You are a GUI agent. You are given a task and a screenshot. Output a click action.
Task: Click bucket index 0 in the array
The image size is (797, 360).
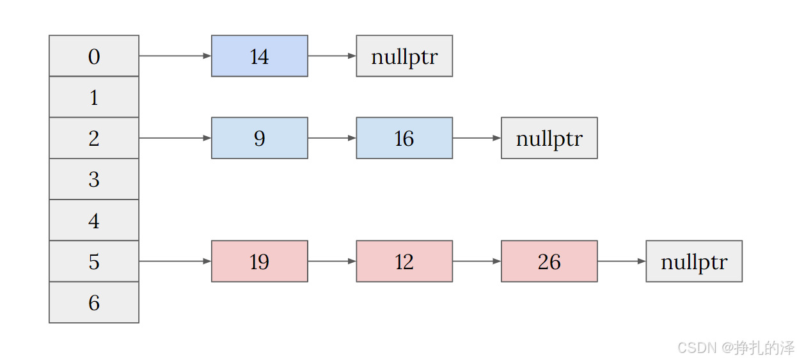[94, 56]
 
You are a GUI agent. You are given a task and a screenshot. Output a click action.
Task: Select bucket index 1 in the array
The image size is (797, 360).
[94, 97]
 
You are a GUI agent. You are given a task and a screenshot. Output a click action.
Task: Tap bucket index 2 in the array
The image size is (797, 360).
[94, 138]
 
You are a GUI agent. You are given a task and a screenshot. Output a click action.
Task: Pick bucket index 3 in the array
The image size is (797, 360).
[94, 179]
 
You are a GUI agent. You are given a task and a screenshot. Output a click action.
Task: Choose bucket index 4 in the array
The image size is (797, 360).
[94, 220]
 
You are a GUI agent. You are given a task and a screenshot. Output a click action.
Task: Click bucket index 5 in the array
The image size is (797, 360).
[94, 261]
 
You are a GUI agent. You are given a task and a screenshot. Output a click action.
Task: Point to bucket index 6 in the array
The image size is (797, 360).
[94, 302]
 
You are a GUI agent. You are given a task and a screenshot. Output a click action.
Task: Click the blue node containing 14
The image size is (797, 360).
[260, 56]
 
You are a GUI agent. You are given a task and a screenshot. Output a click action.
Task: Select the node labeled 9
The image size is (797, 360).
[260, 138]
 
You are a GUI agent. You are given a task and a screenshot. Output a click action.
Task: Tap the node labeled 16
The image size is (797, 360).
[404, 138]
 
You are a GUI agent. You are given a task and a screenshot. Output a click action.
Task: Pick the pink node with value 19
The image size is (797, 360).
[260, 261]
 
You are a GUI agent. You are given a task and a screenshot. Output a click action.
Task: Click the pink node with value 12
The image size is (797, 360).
[404, 261]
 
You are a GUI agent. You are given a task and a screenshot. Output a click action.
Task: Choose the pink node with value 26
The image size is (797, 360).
[549, 261]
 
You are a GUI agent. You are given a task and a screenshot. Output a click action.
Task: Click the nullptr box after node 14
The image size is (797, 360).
[404, 56]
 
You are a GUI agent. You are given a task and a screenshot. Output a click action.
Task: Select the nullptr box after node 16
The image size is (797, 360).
[549, 138]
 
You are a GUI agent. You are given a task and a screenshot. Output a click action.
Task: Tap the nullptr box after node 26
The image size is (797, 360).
[694, 261]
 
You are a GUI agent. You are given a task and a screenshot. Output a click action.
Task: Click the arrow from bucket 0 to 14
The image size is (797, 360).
[175, 56]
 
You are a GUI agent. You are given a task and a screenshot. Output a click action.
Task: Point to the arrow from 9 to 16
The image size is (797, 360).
[332, 138]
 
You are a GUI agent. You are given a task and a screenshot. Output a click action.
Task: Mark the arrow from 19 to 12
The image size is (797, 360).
[332, 261]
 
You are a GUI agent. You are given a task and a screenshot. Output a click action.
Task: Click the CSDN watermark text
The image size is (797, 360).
[736, 348]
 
